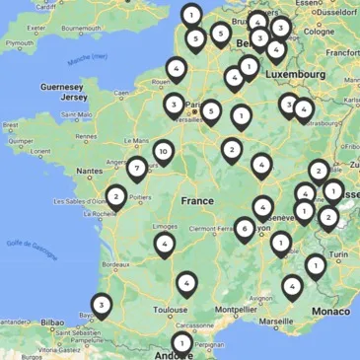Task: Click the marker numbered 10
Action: (163, 152)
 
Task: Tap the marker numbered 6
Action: (244, 228)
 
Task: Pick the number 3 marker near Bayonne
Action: (101, 305)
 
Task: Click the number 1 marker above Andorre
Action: (182, 342)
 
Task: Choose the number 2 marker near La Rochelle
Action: (116, 196)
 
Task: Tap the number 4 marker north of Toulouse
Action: (186, 284)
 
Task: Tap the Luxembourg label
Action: (299, 74)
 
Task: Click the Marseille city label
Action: (279, 320)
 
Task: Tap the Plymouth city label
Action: (20, 43)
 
